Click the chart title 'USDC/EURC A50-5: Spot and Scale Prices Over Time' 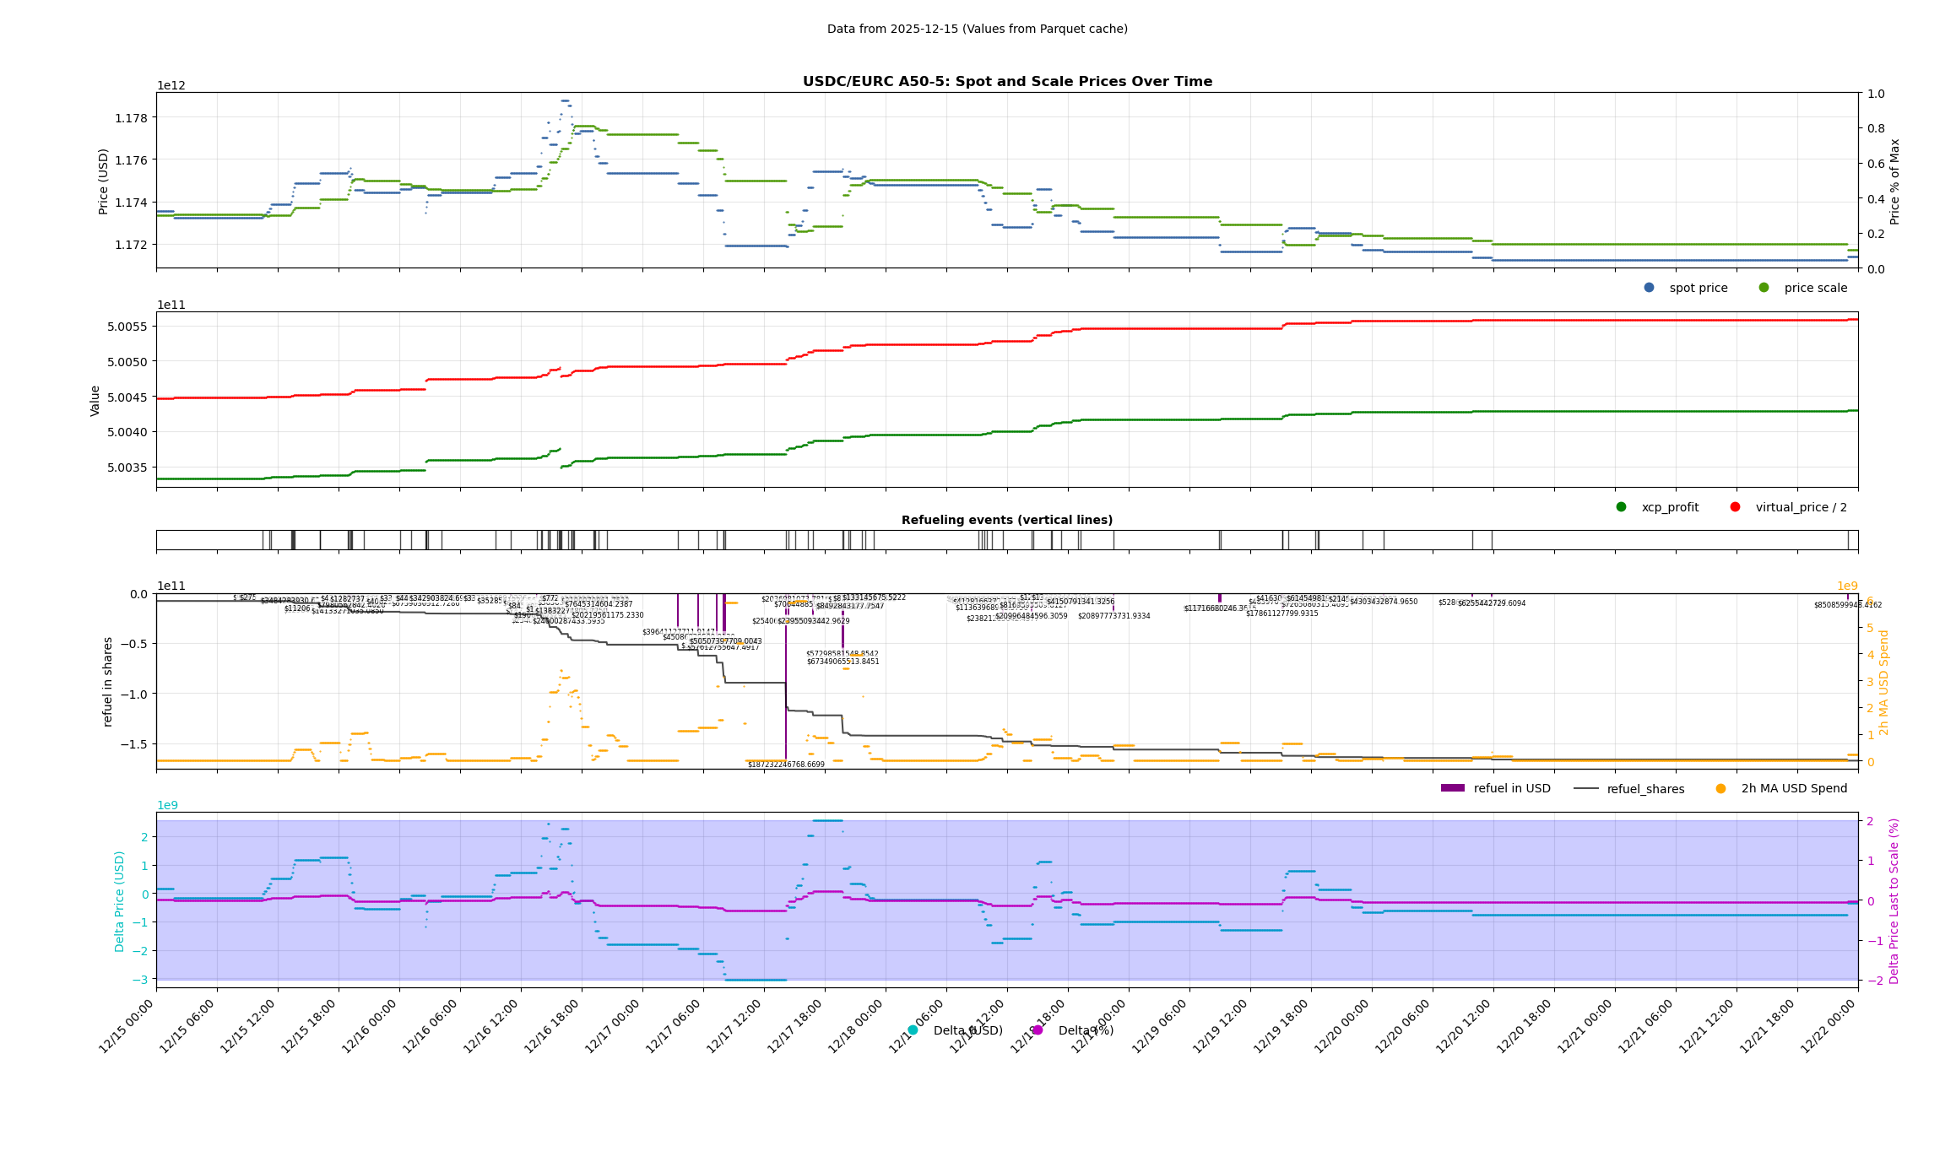(x=1007, y=82)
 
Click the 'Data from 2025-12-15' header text (x=977, y=29)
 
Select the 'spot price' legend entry (x=1698, y=288)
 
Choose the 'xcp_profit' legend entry (x=1669, y=507)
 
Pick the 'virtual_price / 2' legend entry (x=1801, y=507)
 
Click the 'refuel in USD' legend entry (x=1511, y=788)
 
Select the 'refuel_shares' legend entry (x=1644, y=789)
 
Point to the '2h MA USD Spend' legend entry (x=1793, y=788)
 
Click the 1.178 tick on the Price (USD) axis (x=131, y=117)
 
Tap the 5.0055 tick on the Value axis (x=127, y=327)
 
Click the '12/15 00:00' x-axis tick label (x=127, y=1027)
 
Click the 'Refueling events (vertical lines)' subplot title (x=1007, y=520)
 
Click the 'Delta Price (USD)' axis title (x=120, y=900)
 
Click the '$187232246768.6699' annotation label (x=786, y=765)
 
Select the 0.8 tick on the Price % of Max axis (x=1875, y=128)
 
